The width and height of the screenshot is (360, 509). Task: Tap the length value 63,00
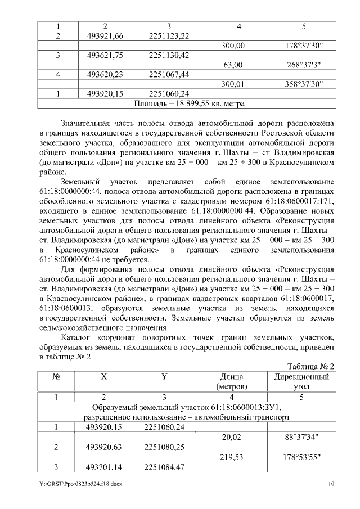[x=232, y=65]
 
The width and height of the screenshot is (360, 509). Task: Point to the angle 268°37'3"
[x=303, y=65]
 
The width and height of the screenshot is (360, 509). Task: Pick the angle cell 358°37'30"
[x=303, y=84]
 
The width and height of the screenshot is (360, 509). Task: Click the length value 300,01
[x=232, y=84]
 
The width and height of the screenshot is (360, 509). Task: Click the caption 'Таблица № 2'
[x=310, y=366]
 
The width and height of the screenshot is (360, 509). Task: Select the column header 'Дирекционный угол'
[x=301, y=382]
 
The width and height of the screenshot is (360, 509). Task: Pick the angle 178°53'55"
[x=301, y=457]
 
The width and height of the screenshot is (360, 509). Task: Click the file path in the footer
[x=80, y=484]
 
